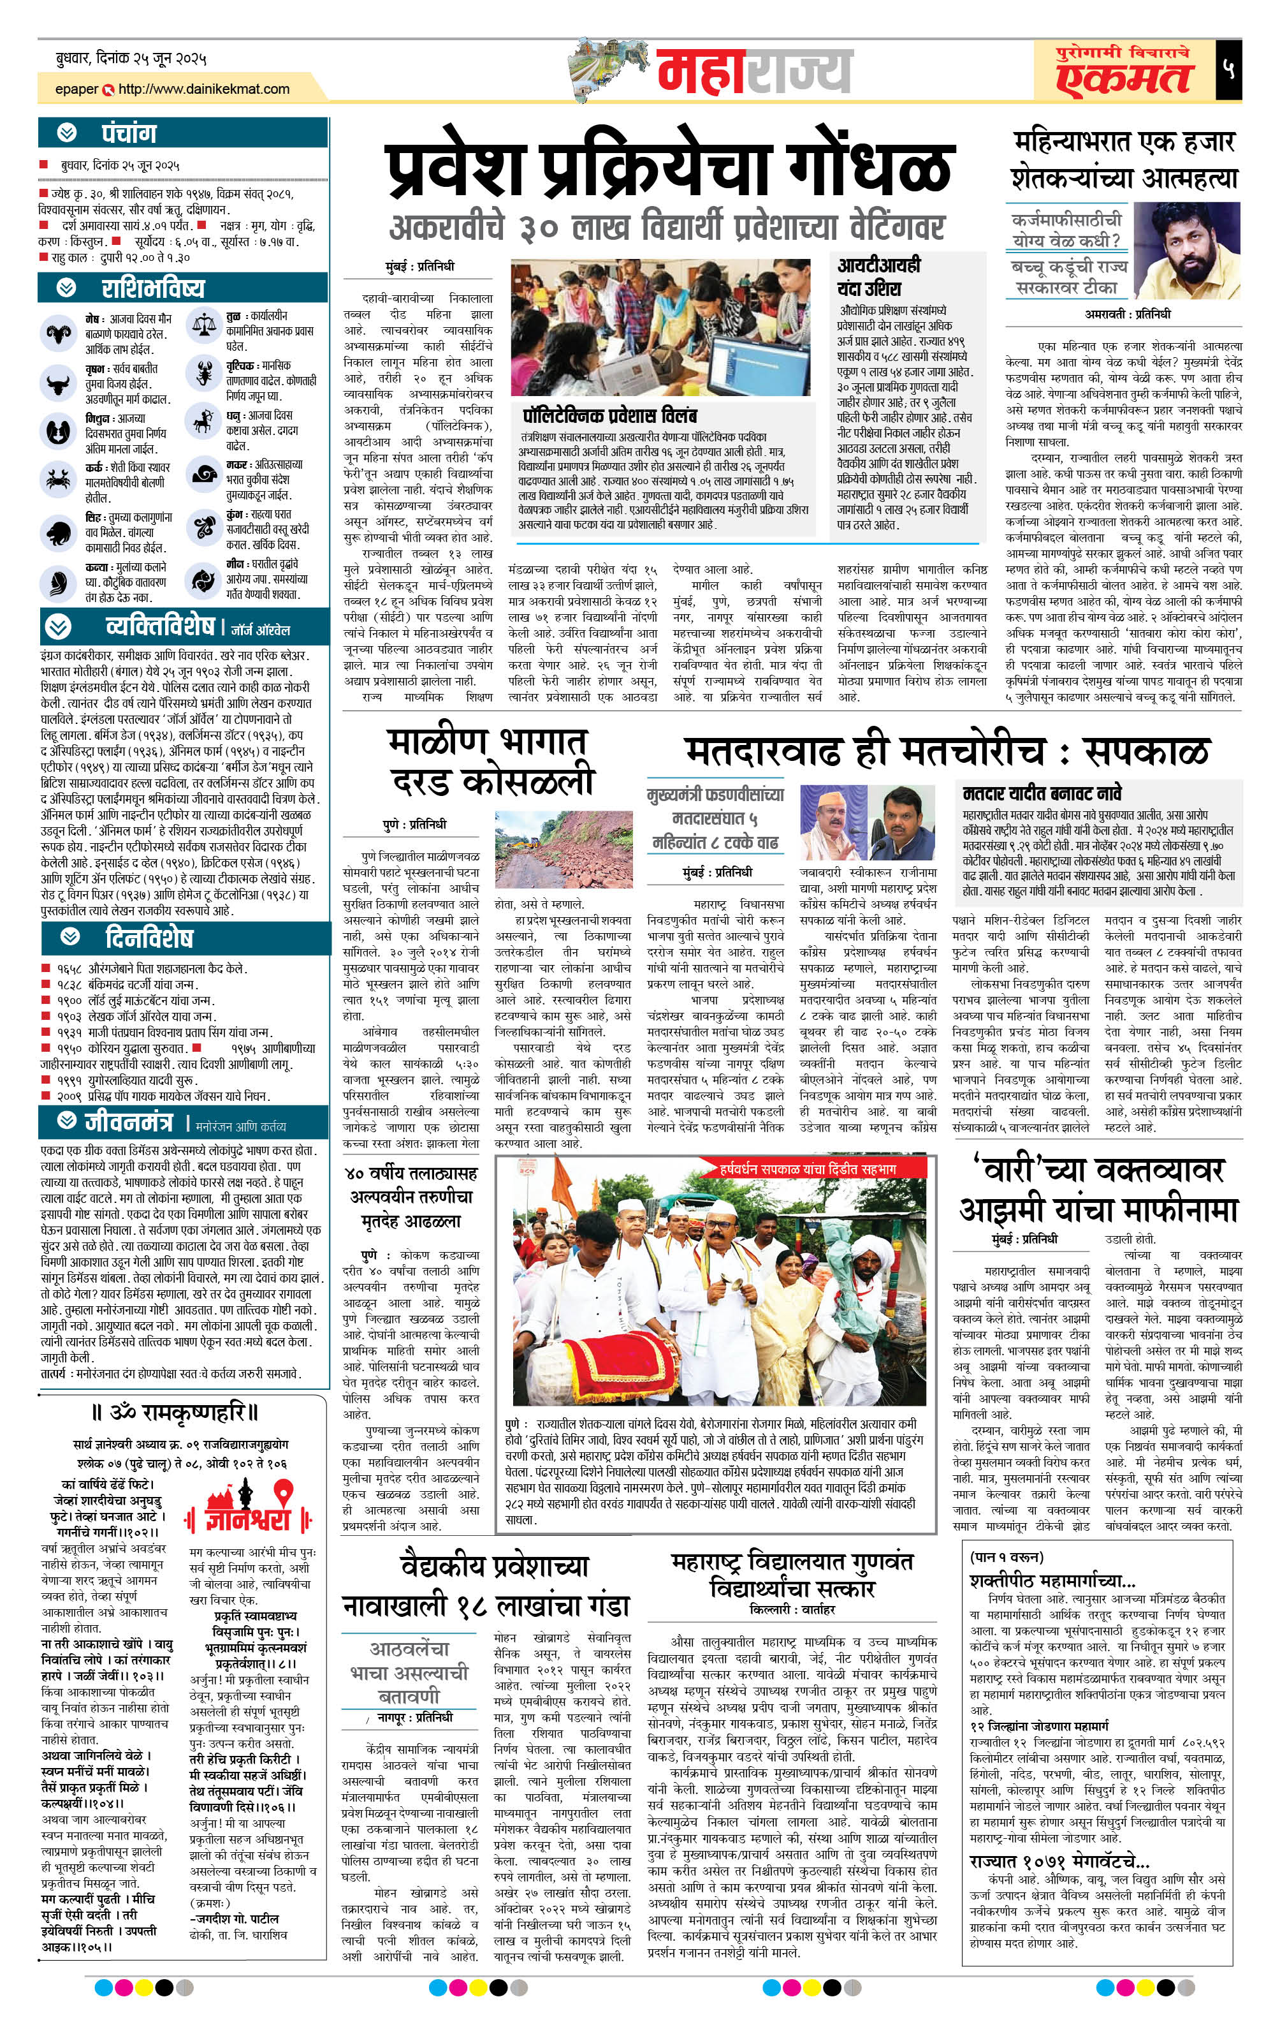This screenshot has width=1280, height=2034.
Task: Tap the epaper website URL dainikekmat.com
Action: (x=203, y=89)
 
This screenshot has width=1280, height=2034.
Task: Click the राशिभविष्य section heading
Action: (x=152, y=288)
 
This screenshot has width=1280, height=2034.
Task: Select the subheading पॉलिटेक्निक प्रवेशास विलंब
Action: (x=609, y=416)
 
